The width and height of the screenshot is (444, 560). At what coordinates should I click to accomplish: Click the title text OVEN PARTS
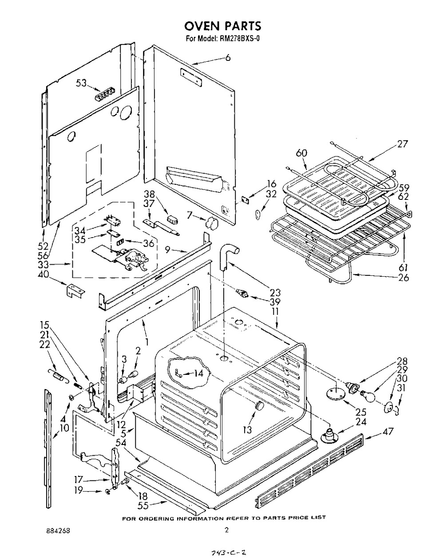click(222, 26)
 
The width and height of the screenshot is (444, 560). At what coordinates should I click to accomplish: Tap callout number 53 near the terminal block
click(81, 83)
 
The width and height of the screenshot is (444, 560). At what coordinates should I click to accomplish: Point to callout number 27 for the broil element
click(402, 144)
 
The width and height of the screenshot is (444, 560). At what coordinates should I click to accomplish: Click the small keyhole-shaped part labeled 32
click(258, 214)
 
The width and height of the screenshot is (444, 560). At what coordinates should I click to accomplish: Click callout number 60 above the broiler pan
click(301, 153)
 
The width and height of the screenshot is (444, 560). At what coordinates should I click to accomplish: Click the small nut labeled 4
click(71, 397)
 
